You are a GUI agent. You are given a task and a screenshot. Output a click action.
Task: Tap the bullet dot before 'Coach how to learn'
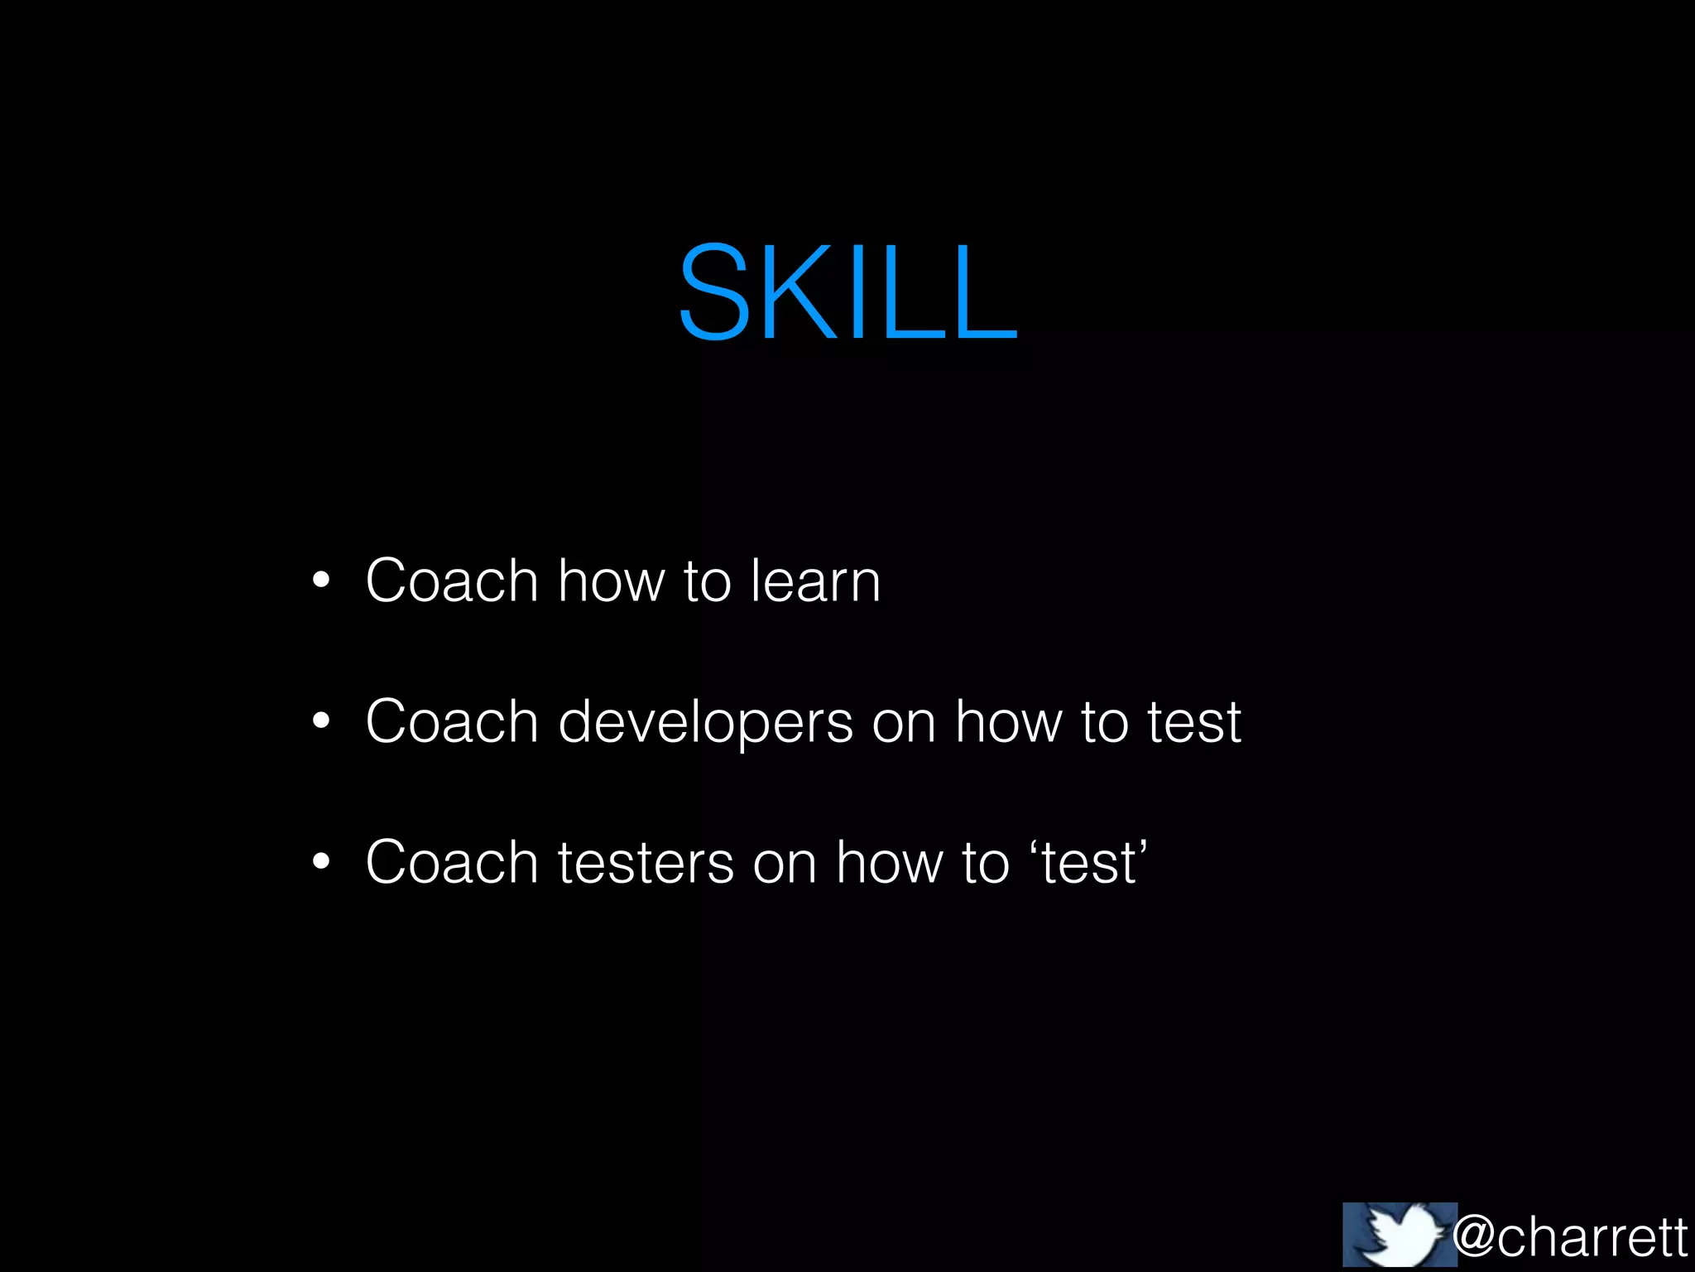pyautogui.click(x=321, y=581)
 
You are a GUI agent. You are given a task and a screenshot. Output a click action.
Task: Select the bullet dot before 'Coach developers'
pyautogui.click(x=321, y=721)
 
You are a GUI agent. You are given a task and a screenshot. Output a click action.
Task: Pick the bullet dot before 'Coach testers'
pyautogui.click(x=321, y=862)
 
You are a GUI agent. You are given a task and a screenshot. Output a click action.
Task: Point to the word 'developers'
pyautogui.click(x=705, y=723)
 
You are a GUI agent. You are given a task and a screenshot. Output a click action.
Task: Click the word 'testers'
pyautogui.click(x=646, y=864)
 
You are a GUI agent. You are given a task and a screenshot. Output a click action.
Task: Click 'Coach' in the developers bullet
pyautogui.click(x=452, y=721)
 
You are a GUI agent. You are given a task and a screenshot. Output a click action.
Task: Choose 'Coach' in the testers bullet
pyautogui.click(x=452, y=862)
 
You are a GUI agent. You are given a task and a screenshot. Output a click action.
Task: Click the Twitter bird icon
pyautogui.click(x=1399, y=1234)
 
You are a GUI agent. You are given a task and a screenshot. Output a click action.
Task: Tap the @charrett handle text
pyautogui.click(x=1570, y=1237)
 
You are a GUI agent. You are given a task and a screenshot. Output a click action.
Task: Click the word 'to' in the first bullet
pyautogui.click(x=708, y=582)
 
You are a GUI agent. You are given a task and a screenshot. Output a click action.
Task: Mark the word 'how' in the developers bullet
pyautogui.click(x=1008, y=721)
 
